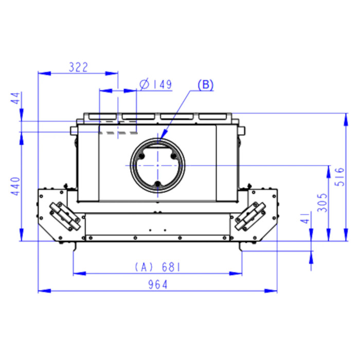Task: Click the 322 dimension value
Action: coord(78,67)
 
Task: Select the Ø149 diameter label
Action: coord(156,84)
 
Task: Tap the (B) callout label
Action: coord(206,84)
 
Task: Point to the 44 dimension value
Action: coord(16,98)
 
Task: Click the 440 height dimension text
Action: coord(16,186)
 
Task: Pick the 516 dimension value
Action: coord(339,177)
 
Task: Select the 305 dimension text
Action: coord(322,203)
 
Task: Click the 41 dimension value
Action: coord(305,218)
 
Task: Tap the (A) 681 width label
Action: coord(158,267)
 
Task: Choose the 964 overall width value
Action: coord(158,285)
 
